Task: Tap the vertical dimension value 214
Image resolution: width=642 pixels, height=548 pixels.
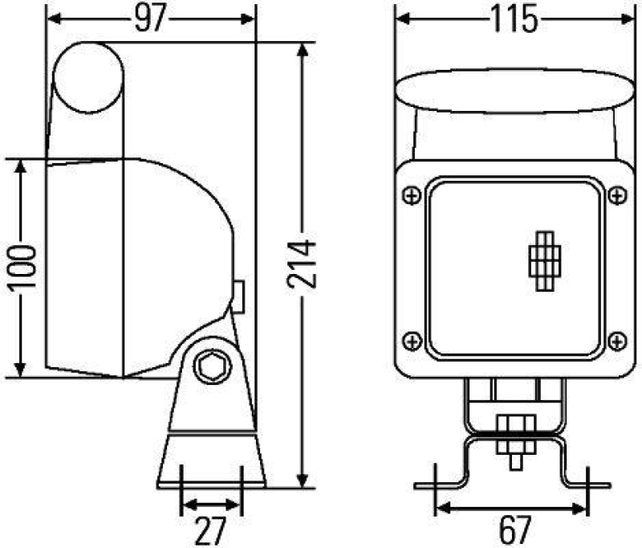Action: click(301, 264)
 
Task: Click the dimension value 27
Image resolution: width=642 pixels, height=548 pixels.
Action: click(211, 530)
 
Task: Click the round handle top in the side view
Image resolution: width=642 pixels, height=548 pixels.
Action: click(88, 76)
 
